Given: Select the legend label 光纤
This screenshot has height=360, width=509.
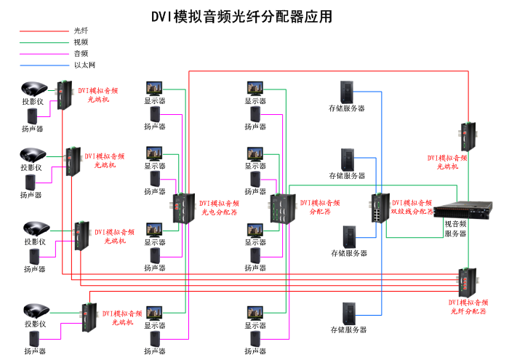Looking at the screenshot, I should pyautogui.click(x=81, y=31).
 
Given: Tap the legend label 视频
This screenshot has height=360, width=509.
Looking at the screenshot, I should pyautogui.click(x=81, y=42).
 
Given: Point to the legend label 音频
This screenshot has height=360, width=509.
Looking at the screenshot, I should pyautogui.click(x=81, y=53).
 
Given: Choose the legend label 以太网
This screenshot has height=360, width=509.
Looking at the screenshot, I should pyautogui.click(x=84, y=65).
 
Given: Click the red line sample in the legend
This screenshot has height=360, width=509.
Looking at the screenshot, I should pyautogui.click(x=44, y=31).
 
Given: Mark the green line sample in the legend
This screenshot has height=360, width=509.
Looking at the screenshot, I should pyautogui.click(x=44, y=42).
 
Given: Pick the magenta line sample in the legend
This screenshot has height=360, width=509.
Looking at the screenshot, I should pyautogui.click(x=44, y=54).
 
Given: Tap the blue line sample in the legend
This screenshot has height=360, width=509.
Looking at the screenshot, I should pyautogui.click(x=44, y=65).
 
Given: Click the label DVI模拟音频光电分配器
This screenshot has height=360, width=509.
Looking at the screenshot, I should pyautogui.click(x=219, y=208).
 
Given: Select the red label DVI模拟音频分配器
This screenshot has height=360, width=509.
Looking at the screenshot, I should pyautogui.click(x=320, y=208).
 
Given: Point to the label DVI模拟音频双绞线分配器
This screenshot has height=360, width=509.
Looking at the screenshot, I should pyautogui.click(x=412, y=207).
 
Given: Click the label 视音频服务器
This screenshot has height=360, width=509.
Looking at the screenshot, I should pyautogui.click(x=455, y=229).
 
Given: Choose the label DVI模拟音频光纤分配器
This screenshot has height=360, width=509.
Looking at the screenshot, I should pyautogui.click(x=468, y=306).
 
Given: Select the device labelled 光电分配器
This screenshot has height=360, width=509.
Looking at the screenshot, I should pyautogui.click(x=183, y=208).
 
